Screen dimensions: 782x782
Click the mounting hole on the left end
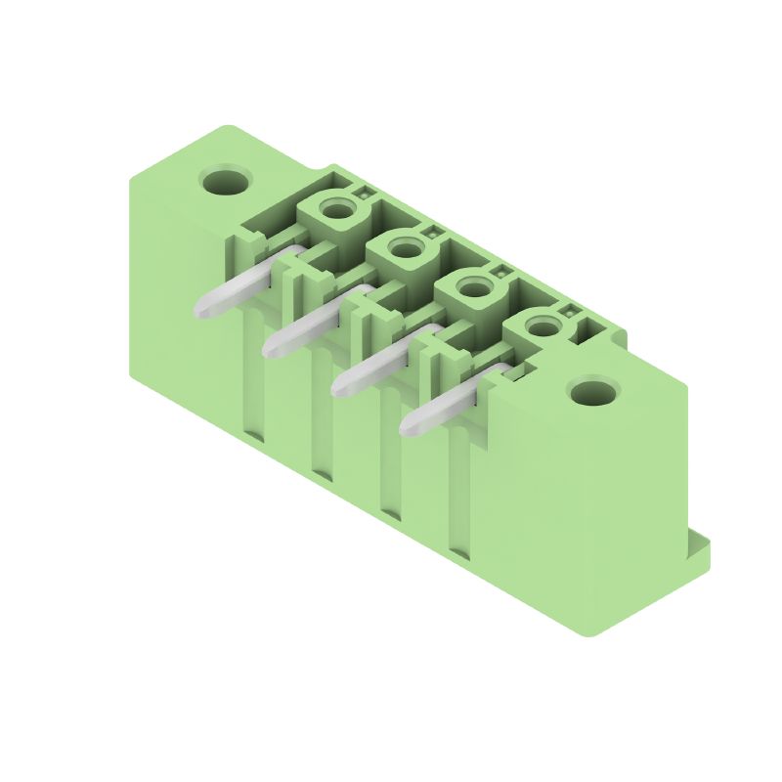click(226, 181)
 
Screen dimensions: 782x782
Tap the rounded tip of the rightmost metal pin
click(413, 423)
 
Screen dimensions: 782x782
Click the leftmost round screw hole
click(336, 209)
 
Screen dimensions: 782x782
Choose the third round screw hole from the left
click(473, 289)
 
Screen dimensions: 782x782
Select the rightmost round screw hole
click(541, 328)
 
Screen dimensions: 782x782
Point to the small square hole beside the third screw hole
click(500, 273)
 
